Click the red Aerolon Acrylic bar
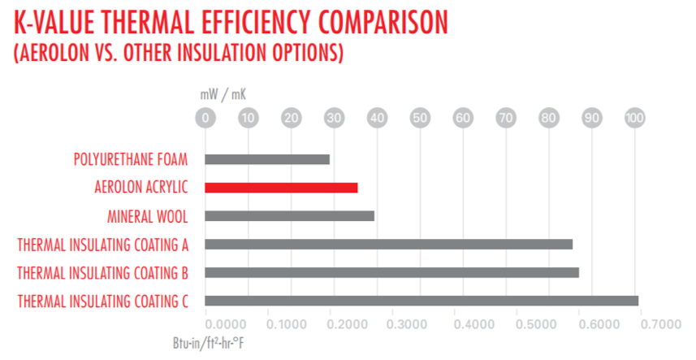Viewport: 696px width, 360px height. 281,188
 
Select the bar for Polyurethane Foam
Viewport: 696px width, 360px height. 267,159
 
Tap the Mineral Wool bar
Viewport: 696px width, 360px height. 290,216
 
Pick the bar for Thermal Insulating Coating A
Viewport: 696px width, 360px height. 389,244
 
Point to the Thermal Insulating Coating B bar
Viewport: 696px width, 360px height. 392,272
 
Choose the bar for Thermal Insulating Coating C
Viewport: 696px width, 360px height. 421,301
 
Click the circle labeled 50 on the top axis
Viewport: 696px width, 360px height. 420,119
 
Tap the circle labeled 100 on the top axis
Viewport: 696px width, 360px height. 634,119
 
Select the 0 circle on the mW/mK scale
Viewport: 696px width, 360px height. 205,119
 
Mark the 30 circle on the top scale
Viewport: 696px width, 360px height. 334,119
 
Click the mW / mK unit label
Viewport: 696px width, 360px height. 223,95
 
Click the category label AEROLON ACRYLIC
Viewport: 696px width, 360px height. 141,188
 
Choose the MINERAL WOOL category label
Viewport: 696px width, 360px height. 148,216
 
